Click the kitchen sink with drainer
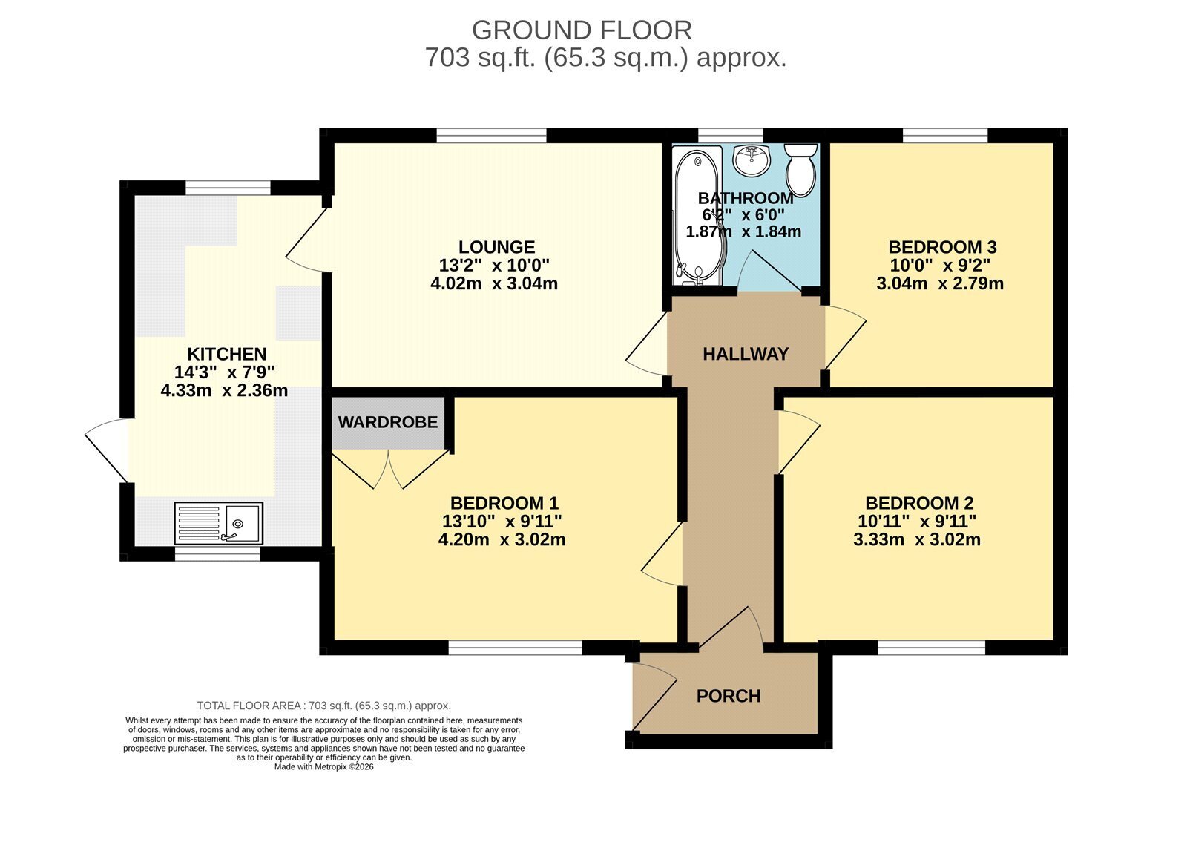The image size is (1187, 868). [218, 523]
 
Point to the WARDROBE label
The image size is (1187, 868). [388, 422]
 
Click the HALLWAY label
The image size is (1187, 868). [746, 354]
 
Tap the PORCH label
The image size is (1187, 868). [729, 696]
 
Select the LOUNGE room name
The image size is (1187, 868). [496, 247]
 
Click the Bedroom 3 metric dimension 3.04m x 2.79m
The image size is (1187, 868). [940, 283]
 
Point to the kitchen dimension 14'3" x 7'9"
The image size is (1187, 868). [224, 372]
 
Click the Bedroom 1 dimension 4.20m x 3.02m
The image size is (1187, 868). [502, 539]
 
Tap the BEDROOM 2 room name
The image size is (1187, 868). [919, 503]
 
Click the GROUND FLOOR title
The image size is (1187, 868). [582, 30]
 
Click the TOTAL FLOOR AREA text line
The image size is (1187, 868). [323, 706]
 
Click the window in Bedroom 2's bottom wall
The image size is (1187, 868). [932, 648]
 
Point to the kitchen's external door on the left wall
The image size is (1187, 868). [107, 450]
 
